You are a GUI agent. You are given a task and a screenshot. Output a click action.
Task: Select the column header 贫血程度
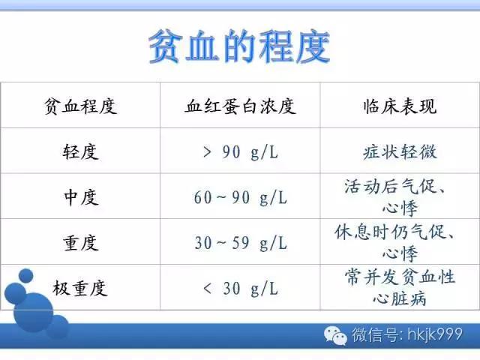click(x=80, y=106)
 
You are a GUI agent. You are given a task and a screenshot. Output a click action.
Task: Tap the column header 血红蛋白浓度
click(x=240, y=106)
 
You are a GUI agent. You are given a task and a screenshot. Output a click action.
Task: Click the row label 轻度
click(x=80, y=152)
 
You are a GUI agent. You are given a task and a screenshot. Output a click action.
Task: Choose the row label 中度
click(x=80, y=197)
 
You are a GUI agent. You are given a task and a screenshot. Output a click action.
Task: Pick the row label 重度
click(x=80, y=243)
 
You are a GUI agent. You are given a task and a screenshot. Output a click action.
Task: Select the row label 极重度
click(x=80, y=288)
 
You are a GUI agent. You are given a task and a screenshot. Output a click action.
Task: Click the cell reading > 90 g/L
click(x=240, y=152)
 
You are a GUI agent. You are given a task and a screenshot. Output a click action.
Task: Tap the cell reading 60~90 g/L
click(x=240, y=198)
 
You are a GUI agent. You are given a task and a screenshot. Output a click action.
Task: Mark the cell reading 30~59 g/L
click(x=240, y=243)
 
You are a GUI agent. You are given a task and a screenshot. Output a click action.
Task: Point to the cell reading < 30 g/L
click(x=240, y=288)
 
